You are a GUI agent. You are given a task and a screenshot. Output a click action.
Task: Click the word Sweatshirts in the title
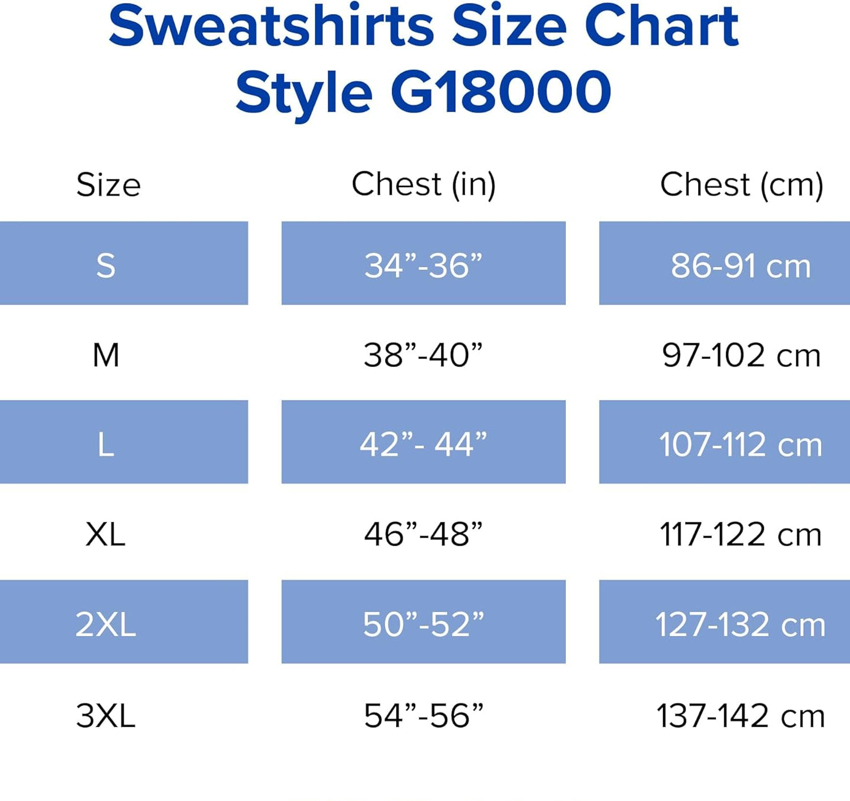point(272,27)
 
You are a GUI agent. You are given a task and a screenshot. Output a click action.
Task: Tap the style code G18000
point(500,92)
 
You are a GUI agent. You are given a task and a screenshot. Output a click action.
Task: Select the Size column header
point(108,185)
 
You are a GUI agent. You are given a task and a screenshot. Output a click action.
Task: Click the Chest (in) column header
point(423,184)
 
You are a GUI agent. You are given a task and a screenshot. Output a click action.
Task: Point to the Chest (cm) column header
point(741,185)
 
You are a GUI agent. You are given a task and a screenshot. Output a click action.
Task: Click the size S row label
point(106,265)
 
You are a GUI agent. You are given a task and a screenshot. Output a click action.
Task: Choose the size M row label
point(106,355)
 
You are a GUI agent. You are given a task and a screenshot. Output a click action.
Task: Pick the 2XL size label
point(106,624)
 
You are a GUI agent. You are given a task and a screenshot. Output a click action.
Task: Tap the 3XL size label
point(106,715)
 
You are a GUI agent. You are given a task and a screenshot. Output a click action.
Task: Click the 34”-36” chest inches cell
point(423,265)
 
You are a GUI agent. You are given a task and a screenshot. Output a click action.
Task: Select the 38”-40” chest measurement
point(423,355)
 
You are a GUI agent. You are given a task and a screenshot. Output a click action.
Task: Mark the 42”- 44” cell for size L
point(423,444)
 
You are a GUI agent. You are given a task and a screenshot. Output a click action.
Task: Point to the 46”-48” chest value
point(423,534)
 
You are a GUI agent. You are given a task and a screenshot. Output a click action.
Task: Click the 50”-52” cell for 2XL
point(423,624)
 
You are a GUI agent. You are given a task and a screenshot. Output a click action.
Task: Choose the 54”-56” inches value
point(423,715)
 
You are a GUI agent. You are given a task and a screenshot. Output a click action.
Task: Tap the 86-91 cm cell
point(741,266)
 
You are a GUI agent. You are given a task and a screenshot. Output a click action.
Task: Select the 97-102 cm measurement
point(741,355)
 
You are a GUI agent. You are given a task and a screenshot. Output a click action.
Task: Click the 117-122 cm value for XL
point(741,534)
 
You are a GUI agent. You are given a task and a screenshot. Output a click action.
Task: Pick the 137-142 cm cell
point(741,715)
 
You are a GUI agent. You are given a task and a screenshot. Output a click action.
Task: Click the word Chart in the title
point(661,27)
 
